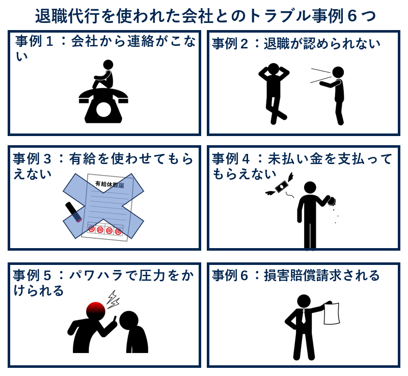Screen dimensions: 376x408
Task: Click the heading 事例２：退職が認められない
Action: click(296, 44)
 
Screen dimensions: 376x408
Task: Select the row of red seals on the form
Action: click(105, 230)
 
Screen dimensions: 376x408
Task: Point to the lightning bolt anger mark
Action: click(113, 299)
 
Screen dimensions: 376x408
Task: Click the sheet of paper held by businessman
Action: click(331, 313)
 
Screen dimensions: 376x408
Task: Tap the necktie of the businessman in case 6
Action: click(304, 318)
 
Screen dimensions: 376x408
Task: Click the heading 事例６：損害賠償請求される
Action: click(296, 276)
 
